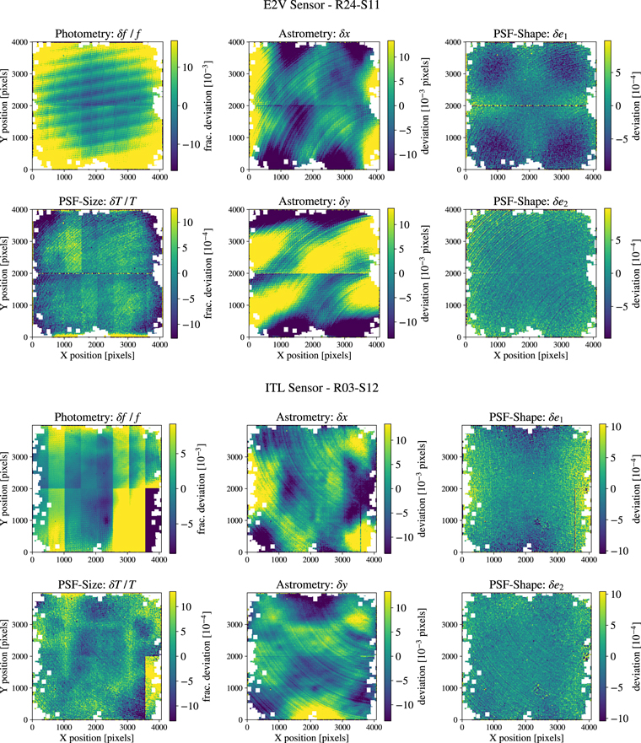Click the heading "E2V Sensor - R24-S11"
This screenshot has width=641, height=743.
point(320,10)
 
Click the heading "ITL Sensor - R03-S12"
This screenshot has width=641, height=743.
point(320,396)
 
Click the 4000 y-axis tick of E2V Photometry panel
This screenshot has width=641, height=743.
point(19,41)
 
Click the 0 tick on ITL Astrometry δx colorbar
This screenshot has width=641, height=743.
point(401,488)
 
